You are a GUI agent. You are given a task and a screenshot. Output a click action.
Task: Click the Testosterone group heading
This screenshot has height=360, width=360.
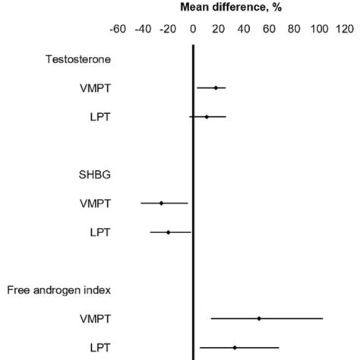[x=73, y=58]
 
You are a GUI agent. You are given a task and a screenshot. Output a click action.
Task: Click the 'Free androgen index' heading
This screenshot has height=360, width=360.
[x=55, y=289]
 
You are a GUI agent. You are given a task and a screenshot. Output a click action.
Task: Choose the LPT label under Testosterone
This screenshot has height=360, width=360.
[x=100, y=116]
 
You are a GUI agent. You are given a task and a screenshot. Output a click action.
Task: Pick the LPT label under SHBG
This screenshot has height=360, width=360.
[x=100, y=232]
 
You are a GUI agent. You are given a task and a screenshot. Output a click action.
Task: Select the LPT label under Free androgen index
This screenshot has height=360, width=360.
[x=100, y=347]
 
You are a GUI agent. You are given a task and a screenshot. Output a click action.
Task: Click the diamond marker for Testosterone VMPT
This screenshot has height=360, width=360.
[x=216, y=88]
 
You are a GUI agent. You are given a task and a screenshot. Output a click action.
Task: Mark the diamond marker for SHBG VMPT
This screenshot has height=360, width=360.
[x=161, y=203]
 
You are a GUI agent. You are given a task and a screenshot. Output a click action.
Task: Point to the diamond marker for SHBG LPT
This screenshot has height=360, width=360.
[x=169, y=232]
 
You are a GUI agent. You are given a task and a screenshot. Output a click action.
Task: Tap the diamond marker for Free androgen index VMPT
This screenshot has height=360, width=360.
[x=259, y=318]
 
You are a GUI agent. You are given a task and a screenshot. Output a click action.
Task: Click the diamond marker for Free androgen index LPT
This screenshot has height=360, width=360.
[x=235, y=347]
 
